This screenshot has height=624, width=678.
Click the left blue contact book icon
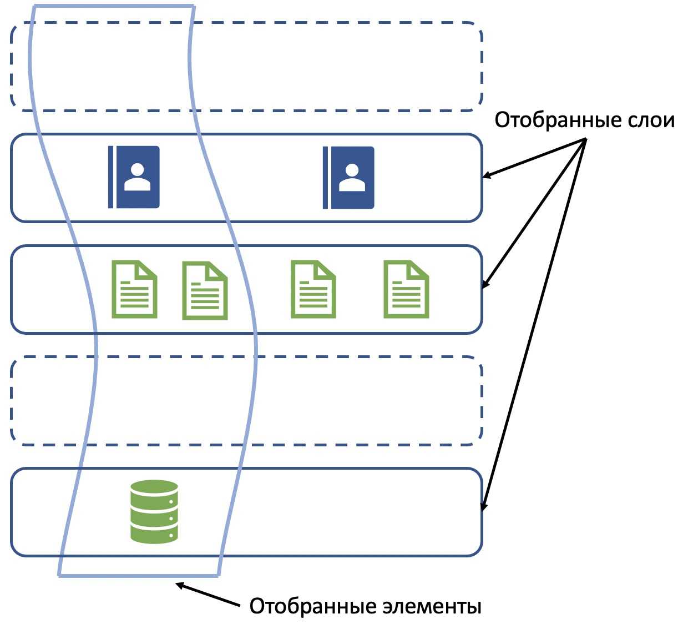click(134, 177)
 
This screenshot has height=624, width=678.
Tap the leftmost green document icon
click(134, 289)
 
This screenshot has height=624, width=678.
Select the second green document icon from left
click(205, 290)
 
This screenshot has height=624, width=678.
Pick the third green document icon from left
click(313, 289)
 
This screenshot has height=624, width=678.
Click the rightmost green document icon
click(406, 289)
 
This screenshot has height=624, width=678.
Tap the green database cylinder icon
click(154, 511)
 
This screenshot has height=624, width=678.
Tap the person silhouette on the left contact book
click(137, 176)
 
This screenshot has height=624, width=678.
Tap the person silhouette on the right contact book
click(352, 177)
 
